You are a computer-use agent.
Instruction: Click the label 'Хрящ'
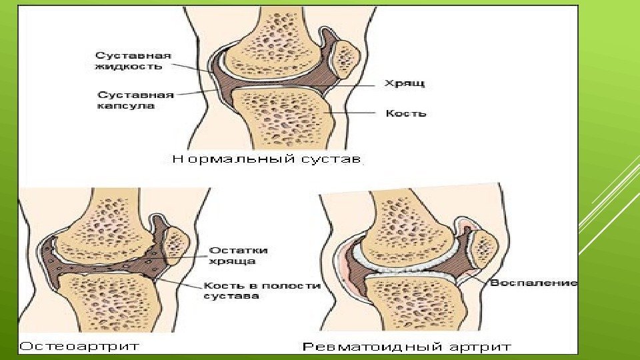point(404,83)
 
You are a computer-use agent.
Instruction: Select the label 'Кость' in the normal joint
point(405,114)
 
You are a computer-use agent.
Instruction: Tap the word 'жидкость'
point(129,66)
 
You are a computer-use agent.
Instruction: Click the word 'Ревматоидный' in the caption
point(364,347)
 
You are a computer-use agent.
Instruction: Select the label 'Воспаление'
point(533,283)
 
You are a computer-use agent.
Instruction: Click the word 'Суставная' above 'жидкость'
point(133,55)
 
